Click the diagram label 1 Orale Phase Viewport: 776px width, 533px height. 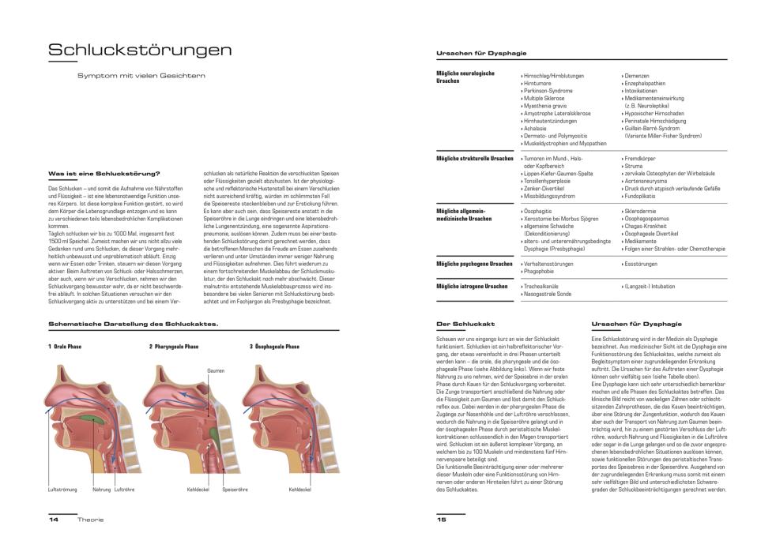coord(66,347)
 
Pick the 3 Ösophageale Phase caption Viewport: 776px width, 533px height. coord(274,347)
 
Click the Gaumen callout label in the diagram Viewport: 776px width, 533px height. coord(216,370)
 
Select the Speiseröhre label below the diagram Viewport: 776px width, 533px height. coord(235,490)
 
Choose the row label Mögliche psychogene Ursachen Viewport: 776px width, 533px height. coord(474,263)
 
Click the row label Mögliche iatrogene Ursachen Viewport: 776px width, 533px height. coord(473,285)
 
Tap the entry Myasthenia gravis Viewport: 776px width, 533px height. coord(544,106)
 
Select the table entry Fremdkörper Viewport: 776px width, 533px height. coord(641,159)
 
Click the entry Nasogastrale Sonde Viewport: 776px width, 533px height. coord(548,293)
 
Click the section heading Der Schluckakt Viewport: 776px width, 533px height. coord(465,324)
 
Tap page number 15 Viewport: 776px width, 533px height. coord(442,520)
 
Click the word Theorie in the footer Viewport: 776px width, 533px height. coord(90,520)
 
